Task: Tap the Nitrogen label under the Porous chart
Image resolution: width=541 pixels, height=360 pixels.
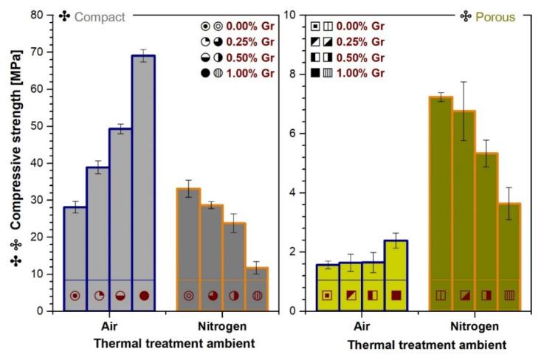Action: (x=474, y=326)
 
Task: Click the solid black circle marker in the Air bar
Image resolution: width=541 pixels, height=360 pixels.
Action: (x=144, y=296)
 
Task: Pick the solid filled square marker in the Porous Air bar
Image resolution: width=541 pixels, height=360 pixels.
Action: (x=396, y=296)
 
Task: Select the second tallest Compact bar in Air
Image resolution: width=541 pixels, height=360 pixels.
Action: (x=120, y=214)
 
